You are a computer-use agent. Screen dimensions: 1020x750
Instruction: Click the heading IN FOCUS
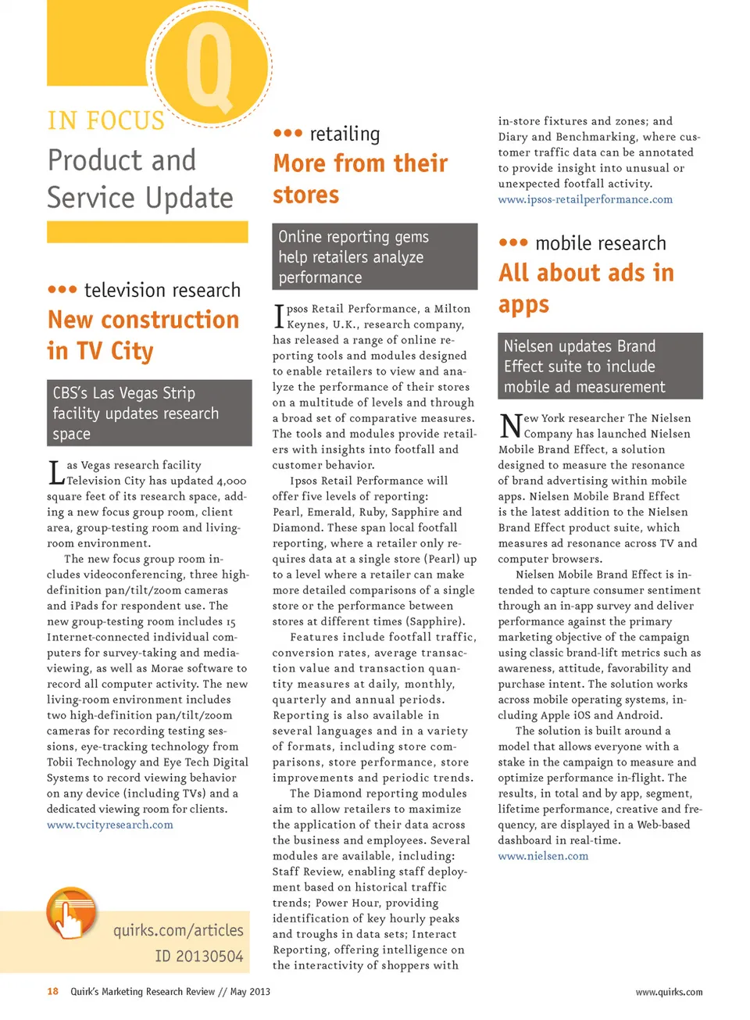click(x=106, y=121)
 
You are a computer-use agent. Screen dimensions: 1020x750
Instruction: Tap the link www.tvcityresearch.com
click(x=110, y=825)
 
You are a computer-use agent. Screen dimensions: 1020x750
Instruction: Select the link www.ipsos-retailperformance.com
click(x=585, y=199)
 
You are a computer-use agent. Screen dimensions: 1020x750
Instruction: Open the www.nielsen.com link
click(x=543, y=856)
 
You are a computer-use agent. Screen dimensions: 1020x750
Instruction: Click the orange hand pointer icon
click(x=71, y=913)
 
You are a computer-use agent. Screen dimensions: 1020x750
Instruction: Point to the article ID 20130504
click(x=198, y=956)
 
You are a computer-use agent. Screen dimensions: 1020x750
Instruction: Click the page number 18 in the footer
click(x=52, y=991)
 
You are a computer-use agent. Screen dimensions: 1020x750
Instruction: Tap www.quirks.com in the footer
click(x=669, y=992)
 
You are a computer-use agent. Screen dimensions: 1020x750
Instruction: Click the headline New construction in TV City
click(x=143, y=335)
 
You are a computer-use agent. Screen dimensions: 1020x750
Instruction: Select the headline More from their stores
click(x=359, y=178)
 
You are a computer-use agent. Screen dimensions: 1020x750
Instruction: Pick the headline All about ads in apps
click(x=586, y=288)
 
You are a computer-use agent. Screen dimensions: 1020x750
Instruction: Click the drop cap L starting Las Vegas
click(x=55, y=473)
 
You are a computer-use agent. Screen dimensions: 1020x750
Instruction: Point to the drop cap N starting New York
click(x=510, y=426)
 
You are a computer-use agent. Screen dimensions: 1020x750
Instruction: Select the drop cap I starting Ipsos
click(x=279, y=317)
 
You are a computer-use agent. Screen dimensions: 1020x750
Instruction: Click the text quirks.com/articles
click(x=178, y=930)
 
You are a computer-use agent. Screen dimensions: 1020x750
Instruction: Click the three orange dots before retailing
click(x=287, y=134)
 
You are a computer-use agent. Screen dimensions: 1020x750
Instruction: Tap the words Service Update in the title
click(x=140, y=198)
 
